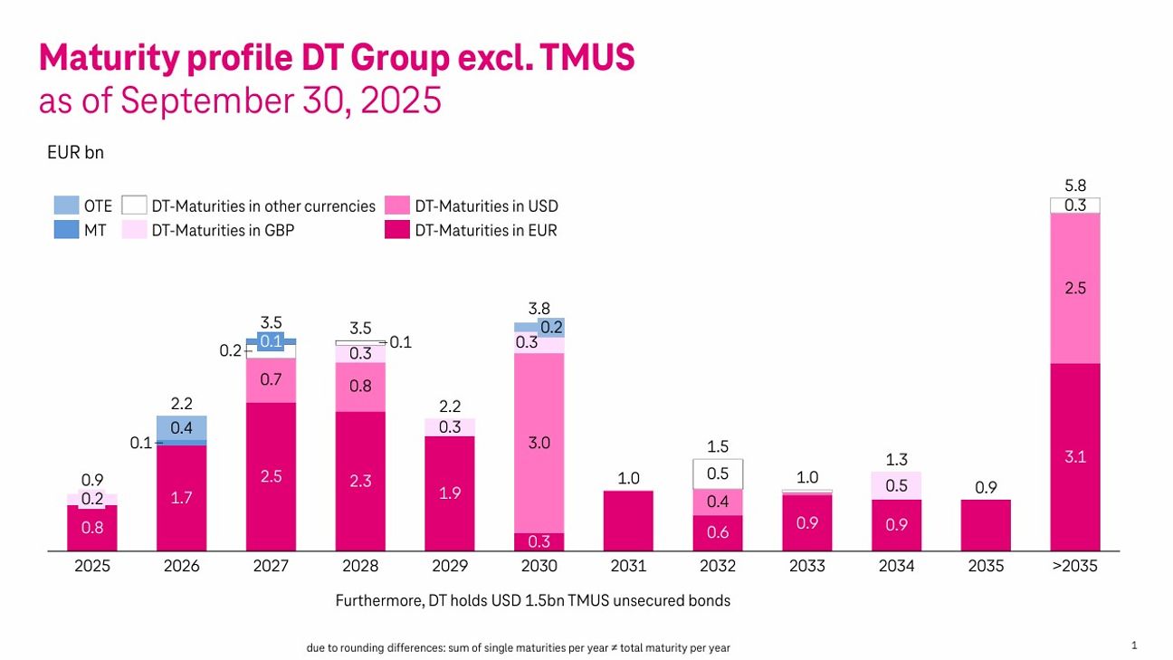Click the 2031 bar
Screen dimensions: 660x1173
click(628, 521)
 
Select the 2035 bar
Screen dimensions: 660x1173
click(986, 525)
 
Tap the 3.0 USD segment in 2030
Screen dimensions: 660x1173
click(539, 443)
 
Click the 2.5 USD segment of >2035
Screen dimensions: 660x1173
click(1075, 288)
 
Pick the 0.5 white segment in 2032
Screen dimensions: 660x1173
click(718, 473)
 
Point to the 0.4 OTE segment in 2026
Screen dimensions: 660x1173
click(182, 427)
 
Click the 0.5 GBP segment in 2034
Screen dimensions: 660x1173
click(897, 485)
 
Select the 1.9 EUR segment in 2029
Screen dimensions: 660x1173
click(450, 493)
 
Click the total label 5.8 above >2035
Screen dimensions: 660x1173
click(1075, 186)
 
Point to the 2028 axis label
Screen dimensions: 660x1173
click(360, 567)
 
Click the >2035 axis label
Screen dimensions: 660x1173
click(1075, 567)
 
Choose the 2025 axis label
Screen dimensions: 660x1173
click(92, 567)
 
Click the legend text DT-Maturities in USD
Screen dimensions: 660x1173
click(486, 206)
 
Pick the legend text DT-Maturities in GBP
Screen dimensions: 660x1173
click(222, 230)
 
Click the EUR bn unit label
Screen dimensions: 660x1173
click(75, 152)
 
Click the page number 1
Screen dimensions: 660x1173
click(1134, 646)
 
